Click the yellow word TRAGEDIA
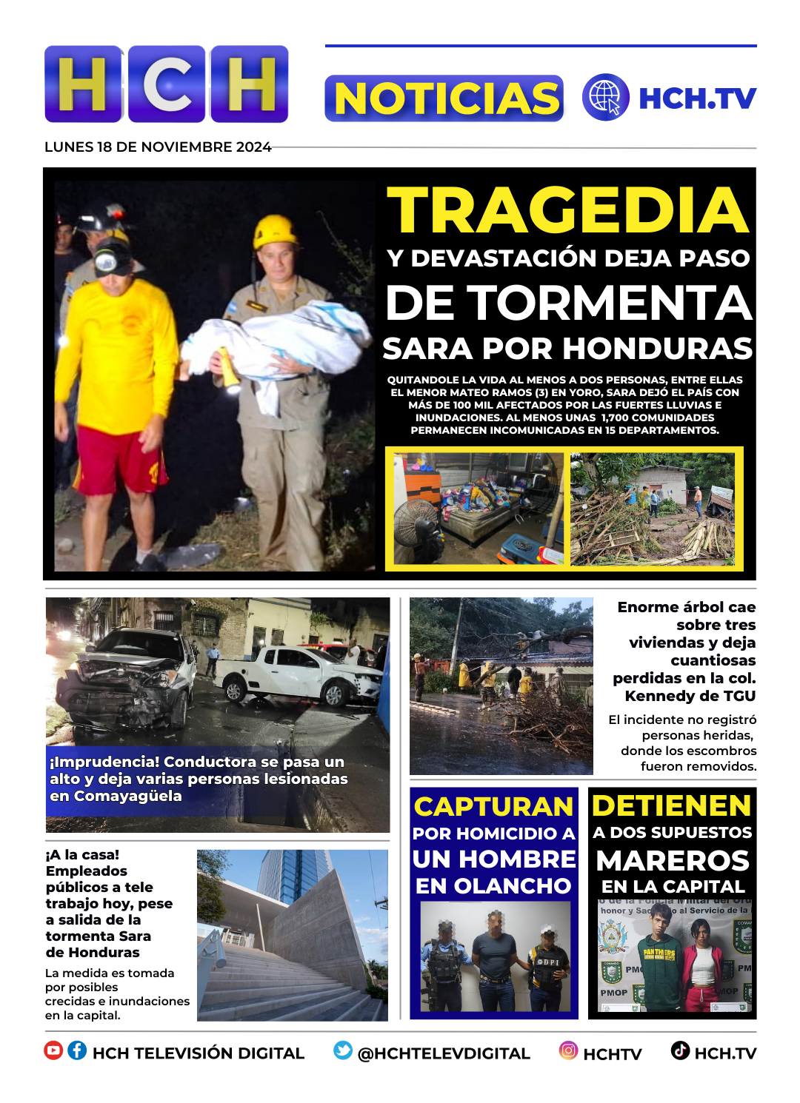point(568,211)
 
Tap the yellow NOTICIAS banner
point(444,98)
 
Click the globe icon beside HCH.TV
point(605,97)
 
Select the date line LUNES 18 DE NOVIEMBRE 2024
point(158,147)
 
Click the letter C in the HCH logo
point(167,84)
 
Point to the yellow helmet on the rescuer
point(275,231)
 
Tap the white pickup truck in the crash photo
point(304,674)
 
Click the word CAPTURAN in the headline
point(493,806)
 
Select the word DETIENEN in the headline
point(672,805)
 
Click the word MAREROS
point(673,861)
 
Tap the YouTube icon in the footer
point(53,1050)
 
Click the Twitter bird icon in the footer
point(342,1050)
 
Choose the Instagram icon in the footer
point(568,1050)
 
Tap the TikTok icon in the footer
point(680,1050)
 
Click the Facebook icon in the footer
point(77,1050)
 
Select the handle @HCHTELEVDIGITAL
point(444,1053)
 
